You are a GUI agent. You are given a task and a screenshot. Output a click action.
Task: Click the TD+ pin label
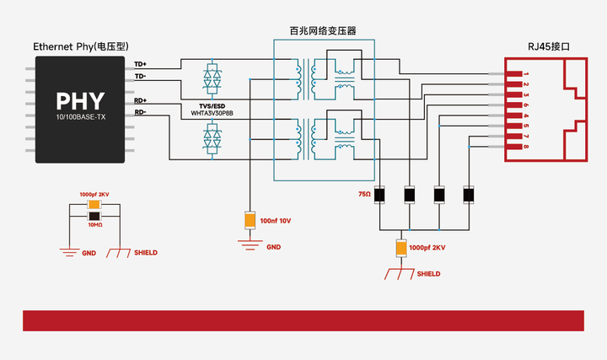[140, 64]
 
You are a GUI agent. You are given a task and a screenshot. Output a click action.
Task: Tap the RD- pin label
[140, 112]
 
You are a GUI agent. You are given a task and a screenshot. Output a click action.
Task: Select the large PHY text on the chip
[80, 101]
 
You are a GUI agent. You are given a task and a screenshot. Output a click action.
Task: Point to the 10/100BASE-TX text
[81, 117]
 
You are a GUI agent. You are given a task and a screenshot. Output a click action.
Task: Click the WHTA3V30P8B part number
[212, 114]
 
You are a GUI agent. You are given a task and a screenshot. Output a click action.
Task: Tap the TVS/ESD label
[212, 106]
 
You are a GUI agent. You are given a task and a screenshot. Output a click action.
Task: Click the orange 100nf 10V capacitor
[250, 220]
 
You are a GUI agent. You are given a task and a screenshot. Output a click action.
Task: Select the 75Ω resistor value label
[365, 194]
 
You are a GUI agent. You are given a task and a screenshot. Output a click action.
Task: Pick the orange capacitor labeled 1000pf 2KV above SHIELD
[401, 248]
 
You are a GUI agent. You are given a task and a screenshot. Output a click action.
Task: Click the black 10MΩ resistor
[94, 216]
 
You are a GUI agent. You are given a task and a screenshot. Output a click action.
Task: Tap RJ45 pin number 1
[526, 74]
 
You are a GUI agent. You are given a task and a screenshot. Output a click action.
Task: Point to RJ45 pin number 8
[526, 147]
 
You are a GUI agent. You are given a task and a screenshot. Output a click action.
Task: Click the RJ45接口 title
[549, 47]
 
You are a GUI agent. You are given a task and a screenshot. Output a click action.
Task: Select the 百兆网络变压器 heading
[323, 31]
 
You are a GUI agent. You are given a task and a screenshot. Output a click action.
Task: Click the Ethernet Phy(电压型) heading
[81, 47]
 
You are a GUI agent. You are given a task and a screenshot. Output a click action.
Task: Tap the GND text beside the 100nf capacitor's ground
[273, 247]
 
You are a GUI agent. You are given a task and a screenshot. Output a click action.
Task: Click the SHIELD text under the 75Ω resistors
[428, 274]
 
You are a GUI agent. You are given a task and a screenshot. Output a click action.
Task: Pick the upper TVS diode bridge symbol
[212, 78]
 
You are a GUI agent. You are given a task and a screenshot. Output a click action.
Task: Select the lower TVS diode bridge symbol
[212, 139]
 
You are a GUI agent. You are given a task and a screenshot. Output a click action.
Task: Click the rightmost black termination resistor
[469, 195]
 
